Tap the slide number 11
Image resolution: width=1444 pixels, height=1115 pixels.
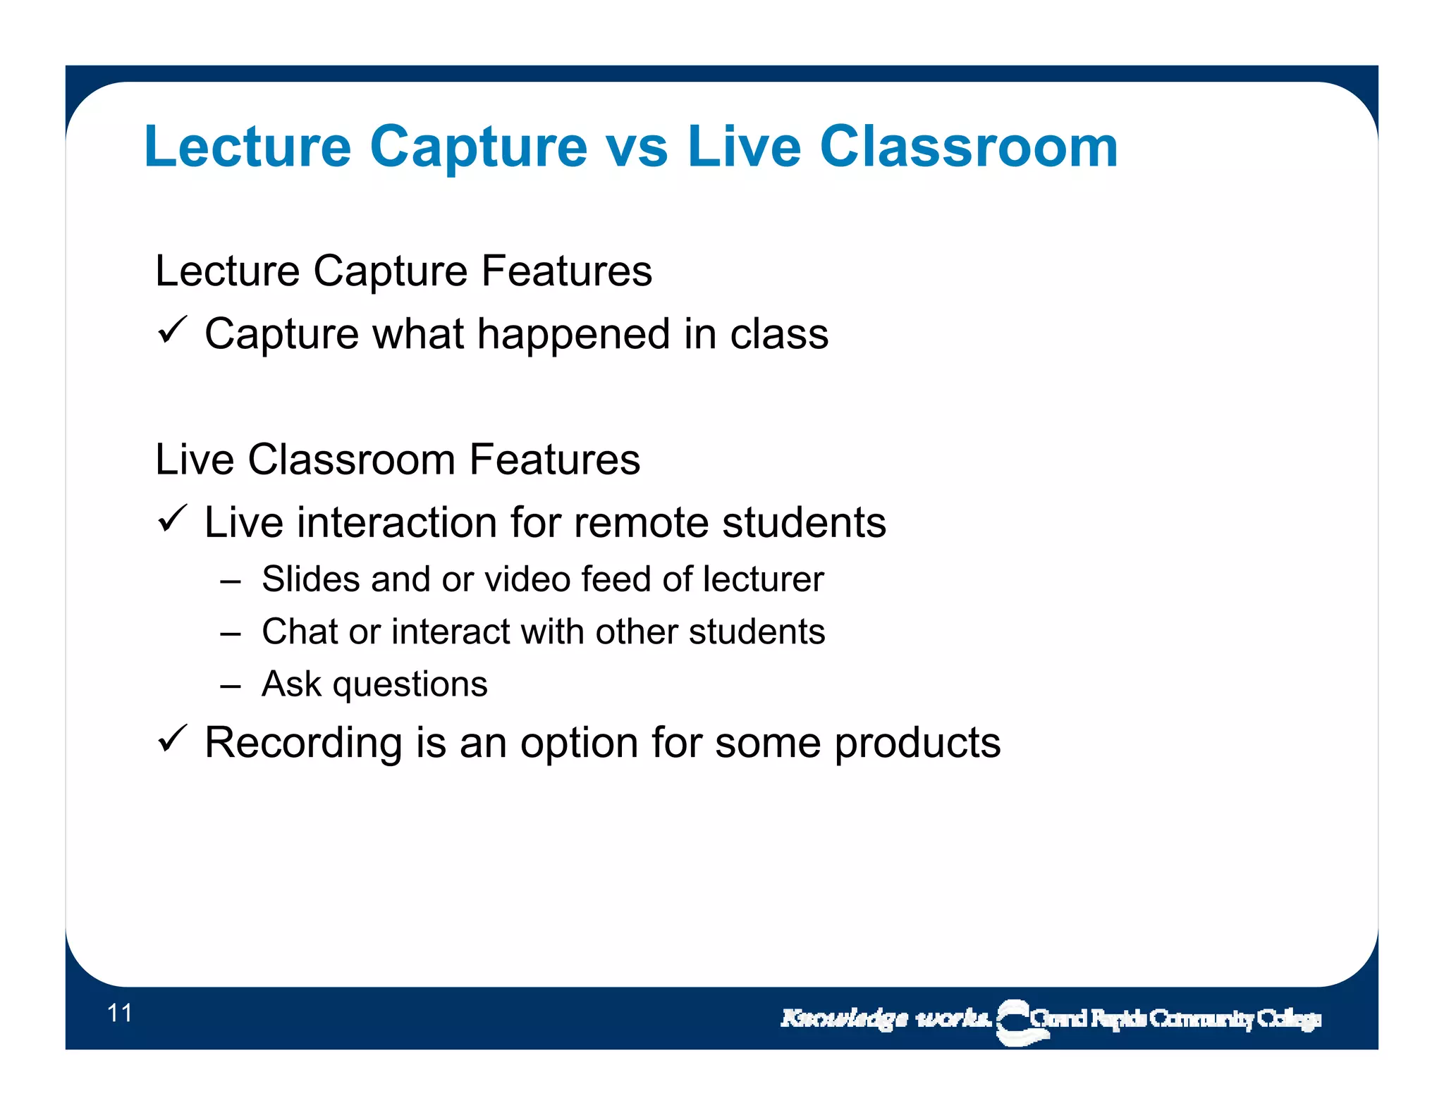pos(120,1013)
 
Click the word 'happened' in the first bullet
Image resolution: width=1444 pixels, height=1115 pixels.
pos(573,335)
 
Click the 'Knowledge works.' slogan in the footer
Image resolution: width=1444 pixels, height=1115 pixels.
pos(885,1018)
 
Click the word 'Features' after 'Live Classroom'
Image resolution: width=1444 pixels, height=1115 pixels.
pos(555,460)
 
